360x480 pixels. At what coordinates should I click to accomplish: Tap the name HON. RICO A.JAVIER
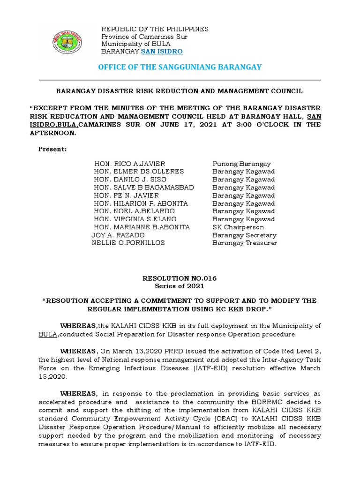(130, 164)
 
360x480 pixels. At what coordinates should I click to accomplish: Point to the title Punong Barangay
(241, 164)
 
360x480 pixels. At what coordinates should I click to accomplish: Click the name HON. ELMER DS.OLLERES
(139, 172)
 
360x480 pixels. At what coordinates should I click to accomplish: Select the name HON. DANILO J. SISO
(130, 180)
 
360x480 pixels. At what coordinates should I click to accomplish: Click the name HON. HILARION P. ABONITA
(141, 203)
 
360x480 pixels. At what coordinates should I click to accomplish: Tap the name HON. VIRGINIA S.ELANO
(135, 219)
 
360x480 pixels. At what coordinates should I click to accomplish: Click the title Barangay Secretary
(244, 235)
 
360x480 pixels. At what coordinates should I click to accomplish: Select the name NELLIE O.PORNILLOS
(128, 243)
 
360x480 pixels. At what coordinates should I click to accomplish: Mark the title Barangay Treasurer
(244, 243)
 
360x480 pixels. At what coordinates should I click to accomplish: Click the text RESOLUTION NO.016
(180, 278)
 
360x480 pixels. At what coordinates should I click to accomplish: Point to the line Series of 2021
(180, 286)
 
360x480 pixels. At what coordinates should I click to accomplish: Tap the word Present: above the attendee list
(52, 149)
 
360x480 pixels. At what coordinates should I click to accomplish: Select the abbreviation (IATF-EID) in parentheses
(178, 368)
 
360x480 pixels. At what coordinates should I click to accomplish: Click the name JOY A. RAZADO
(118, 235)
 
